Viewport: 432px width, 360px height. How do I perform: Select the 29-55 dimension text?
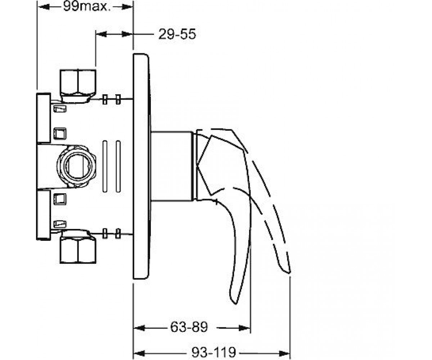(x=177, y=34)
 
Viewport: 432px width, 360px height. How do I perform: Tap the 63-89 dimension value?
(x=189, y=327)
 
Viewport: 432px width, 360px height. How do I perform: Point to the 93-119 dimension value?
(x=213, y=352)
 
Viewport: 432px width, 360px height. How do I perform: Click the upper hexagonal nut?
(x=78, y=86)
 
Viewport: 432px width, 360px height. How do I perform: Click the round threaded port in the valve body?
(x=76, y=166)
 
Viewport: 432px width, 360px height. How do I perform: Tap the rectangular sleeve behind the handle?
(x=172, y=166)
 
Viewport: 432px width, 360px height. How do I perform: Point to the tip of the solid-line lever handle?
(x=235, y=303)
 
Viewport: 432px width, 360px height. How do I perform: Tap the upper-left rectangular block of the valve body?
(x=44, y=118)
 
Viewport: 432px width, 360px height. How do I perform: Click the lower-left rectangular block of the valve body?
(x=44, y=215)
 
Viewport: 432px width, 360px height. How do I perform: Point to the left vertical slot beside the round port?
(x=105, y=166)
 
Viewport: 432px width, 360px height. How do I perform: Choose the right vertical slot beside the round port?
(x=118, y=166)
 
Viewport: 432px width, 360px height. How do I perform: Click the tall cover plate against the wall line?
(x=141, y=166)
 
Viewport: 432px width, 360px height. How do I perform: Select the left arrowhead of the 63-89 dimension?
(x=139, y=328)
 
